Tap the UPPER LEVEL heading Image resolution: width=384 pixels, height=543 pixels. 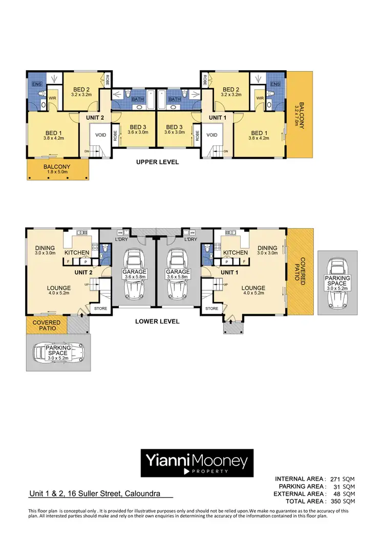[157, 162]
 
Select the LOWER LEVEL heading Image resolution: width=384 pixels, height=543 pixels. [157, 321]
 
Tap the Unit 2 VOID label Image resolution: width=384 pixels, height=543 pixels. [98, 136]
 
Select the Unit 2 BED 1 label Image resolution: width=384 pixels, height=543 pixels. [53, 133]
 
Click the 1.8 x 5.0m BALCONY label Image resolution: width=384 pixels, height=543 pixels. [57, 169]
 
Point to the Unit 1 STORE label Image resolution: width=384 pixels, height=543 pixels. [211, 309]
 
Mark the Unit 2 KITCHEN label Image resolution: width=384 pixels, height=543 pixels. [77, 252]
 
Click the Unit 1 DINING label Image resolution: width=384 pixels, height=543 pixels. [267, 247]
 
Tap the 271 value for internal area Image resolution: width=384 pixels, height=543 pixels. [337, 479]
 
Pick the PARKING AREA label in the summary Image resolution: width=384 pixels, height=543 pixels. [302, 486]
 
